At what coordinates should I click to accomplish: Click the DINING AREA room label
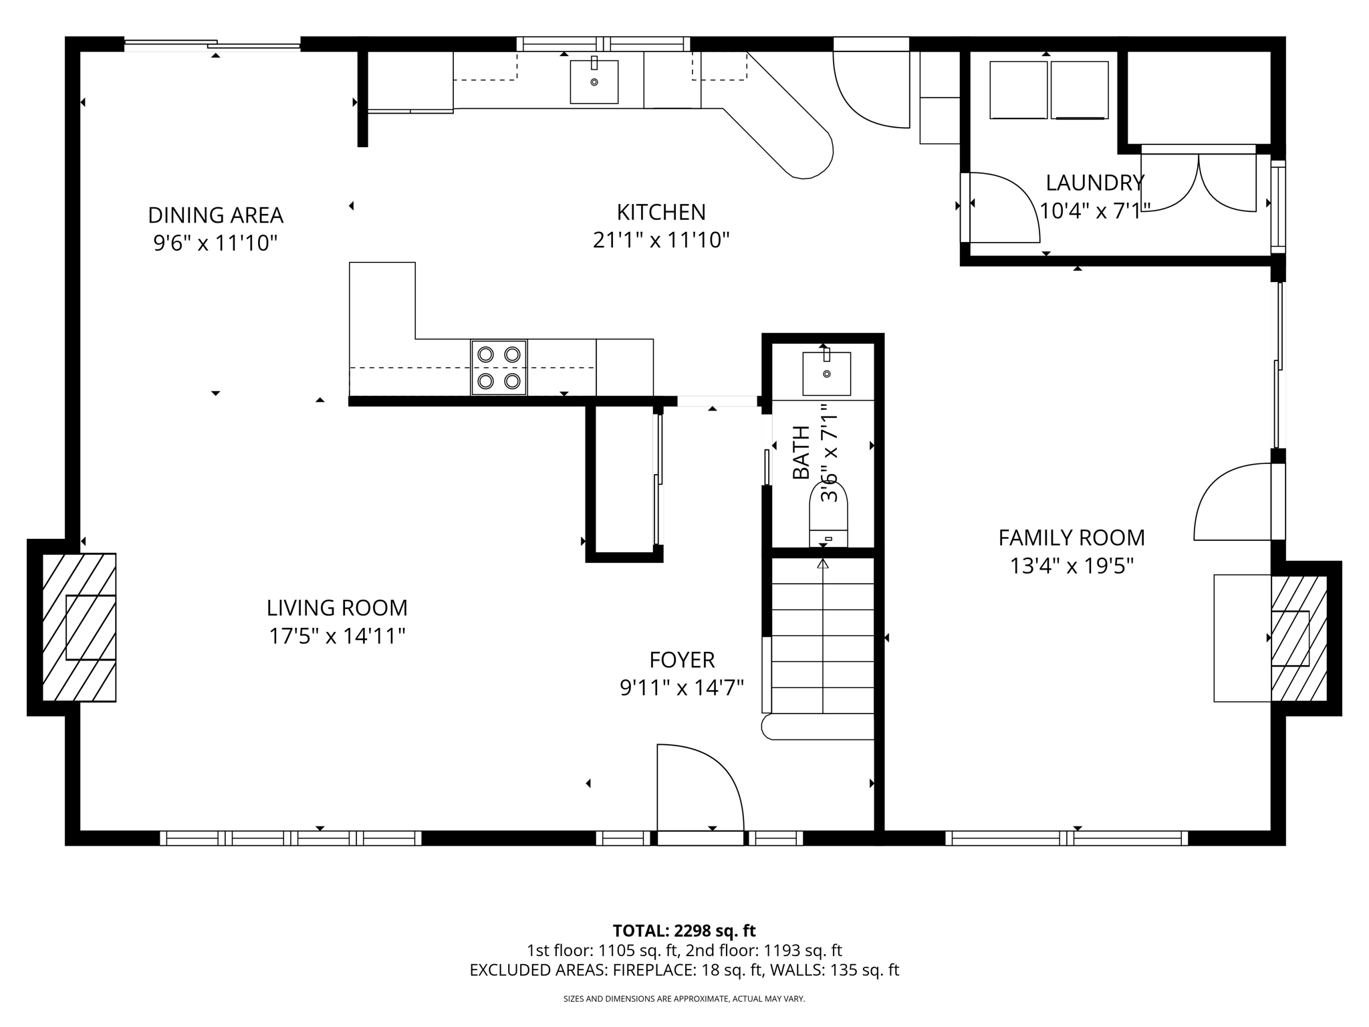coord(215,215)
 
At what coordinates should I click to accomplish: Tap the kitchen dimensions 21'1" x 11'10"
coord(660,239)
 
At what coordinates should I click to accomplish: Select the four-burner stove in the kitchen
coord(499,368)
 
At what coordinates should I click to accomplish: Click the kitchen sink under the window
coord(594,82)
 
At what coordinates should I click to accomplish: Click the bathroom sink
coord(827,373)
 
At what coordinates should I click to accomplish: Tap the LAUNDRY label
coord(1094,183)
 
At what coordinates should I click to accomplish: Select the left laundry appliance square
coord(1018,90)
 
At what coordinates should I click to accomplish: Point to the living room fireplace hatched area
coord(79,627)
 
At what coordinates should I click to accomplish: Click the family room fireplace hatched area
coord(1298,639)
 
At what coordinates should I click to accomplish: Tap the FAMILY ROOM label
coord(1071,538)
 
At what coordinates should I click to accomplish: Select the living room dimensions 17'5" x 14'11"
coord(337,636)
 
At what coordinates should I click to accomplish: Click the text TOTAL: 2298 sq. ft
coord(684,931)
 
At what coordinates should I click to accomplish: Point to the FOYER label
coord(682,660)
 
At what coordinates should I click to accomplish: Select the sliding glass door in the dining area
coord(213,45)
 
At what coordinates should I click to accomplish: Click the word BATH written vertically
coord(801,453)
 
